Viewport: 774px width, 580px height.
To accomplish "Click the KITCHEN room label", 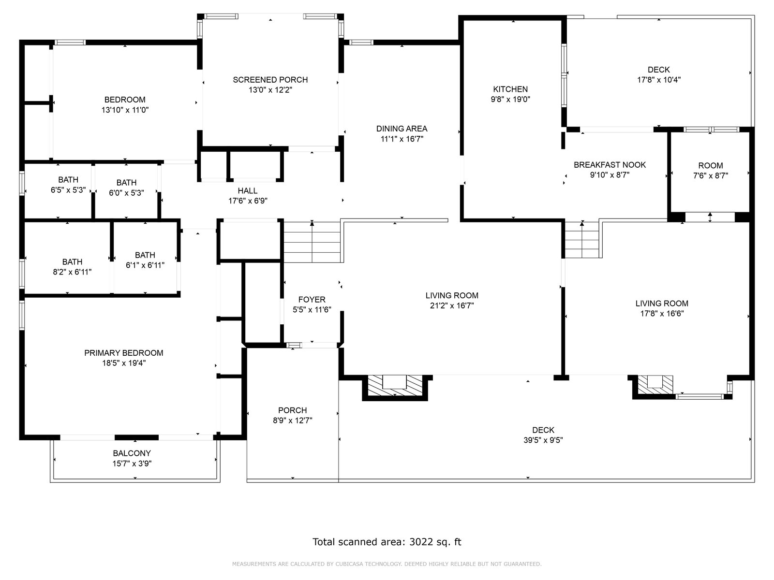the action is (x=510, y=89).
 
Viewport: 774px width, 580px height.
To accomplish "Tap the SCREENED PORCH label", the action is (x=270, y=80).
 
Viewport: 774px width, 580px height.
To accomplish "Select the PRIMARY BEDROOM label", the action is (x=124, y=353).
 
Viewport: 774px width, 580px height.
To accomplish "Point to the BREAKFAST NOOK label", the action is (x=610, y=165).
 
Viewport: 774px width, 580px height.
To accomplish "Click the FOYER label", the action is (x=312, y=300).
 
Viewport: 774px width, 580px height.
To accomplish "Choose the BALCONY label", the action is (x=132, y=453).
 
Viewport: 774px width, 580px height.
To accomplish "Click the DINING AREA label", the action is (x=402, y=129).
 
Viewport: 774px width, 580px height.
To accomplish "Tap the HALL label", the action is (x=248, y=191).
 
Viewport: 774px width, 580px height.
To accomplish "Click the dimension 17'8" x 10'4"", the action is (x=659, y=80).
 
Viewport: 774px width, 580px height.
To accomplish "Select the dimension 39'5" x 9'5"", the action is (x=543, y=440).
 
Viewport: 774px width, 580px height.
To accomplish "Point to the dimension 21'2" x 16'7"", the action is (x=452, y=305).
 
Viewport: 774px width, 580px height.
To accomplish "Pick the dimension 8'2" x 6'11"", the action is (x=72, y=272).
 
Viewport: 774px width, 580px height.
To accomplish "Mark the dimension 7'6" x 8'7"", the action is (x=711, y=176).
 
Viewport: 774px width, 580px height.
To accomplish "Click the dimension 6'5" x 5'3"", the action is (x=68, y=190).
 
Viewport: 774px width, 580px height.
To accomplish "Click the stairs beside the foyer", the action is (x=312, y=242).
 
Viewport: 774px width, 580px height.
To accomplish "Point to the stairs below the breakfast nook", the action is (x=582, y=239).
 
